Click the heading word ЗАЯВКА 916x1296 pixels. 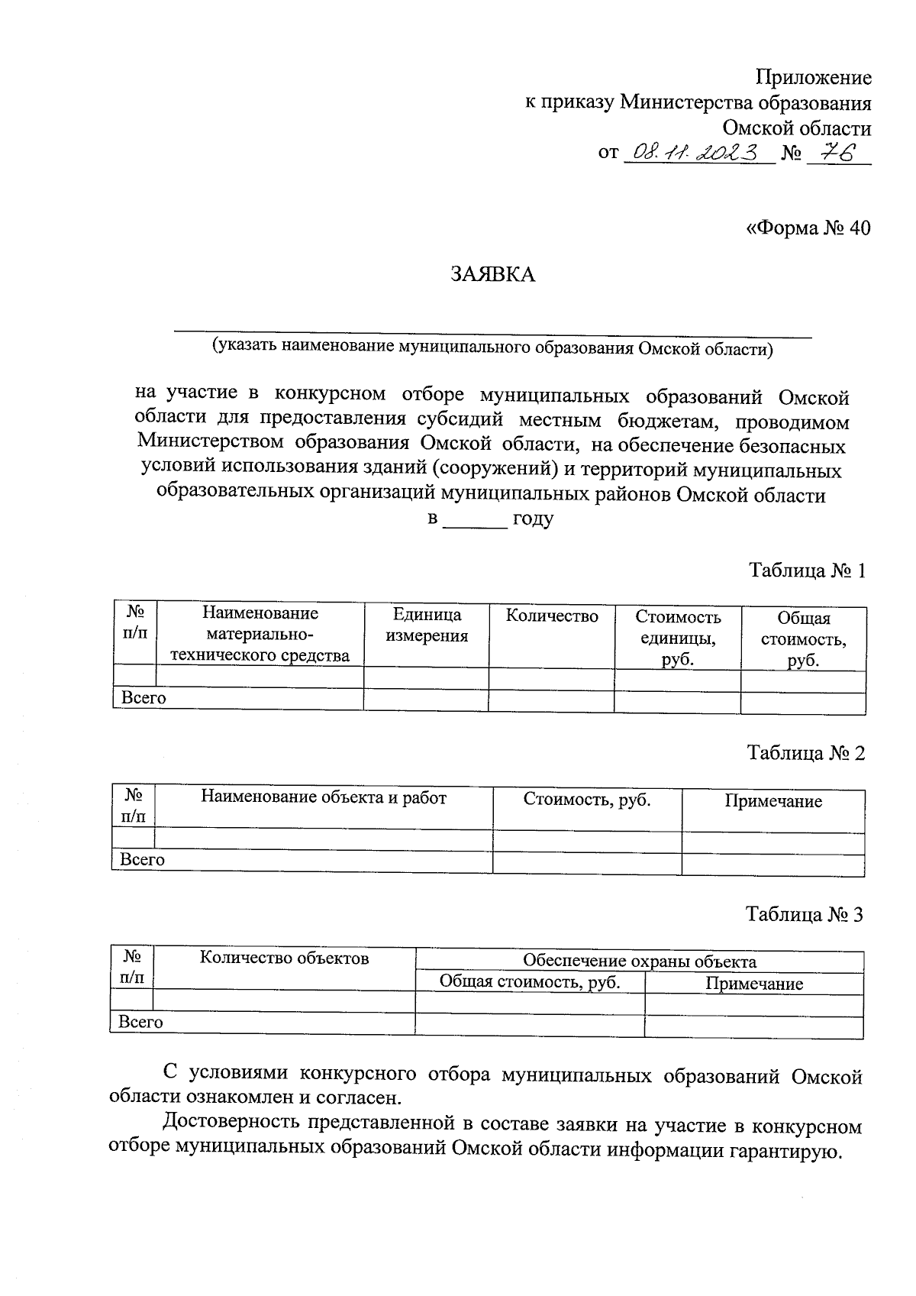click(x=492, y=275)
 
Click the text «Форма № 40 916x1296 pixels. click(x=807, y=228)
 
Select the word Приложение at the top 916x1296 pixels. click(x=813, y=77)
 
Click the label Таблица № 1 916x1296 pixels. click(x=807, y=570)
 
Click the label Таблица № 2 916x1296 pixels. click(x=806, y=753)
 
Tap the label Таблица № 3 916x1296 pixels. click(x=805, y=914)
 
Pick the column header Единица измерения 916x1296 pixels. click(x=426, y=625)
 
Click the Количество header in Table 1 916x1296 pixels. click(x=551, y=616)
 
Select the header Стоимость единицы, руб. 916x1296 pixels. click(x=678, y=638)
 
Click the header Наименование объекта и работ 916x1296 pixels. click(x=324, y=797)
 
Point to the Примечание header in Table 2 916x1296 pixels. click(x=772, y=801)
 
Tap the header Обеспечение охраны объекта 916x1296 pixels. click(x=639, y=961)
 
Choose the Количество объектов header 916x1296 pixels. click(x=284, y=958)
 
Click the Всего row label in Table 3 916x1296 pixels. click(x=141, y=1022)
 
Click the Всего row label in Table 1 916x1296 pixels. click(x=144, y=698)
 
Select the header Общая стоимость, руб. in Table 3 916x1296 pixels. click(x=530, y=982)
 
